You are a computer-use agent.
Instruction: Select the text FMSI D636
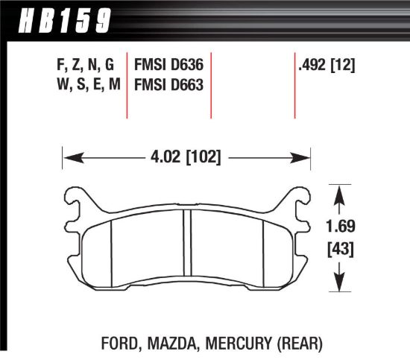tap(166, 65)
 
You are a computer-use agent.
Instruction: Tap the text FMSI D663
tap(166, 84)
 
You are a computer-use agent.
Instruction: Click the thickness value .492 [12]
tap(325, 65)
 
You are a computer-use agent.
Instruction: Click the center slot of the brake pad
tap(186, 246)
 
